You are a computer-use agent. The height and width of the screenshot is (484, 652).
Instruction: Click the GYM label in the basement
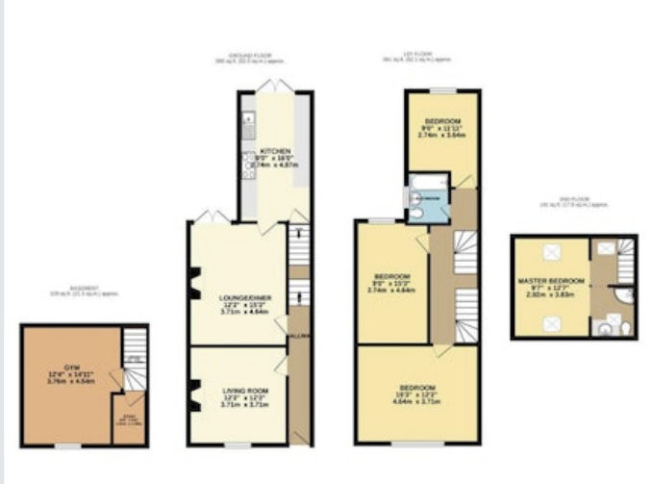point(71,368)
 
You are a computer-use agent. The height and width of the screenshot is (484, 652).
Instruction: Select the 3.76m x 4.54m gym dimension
point(71,381)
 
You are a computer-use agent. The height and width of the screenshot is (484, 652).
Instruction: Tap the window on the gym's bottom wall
point(67,446)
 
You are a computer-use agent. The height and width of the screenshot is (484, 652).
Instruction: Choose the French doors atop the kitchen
point(275,87)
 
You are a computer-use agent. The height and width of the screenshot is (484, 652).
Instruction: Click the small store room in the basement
point(127,423)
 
